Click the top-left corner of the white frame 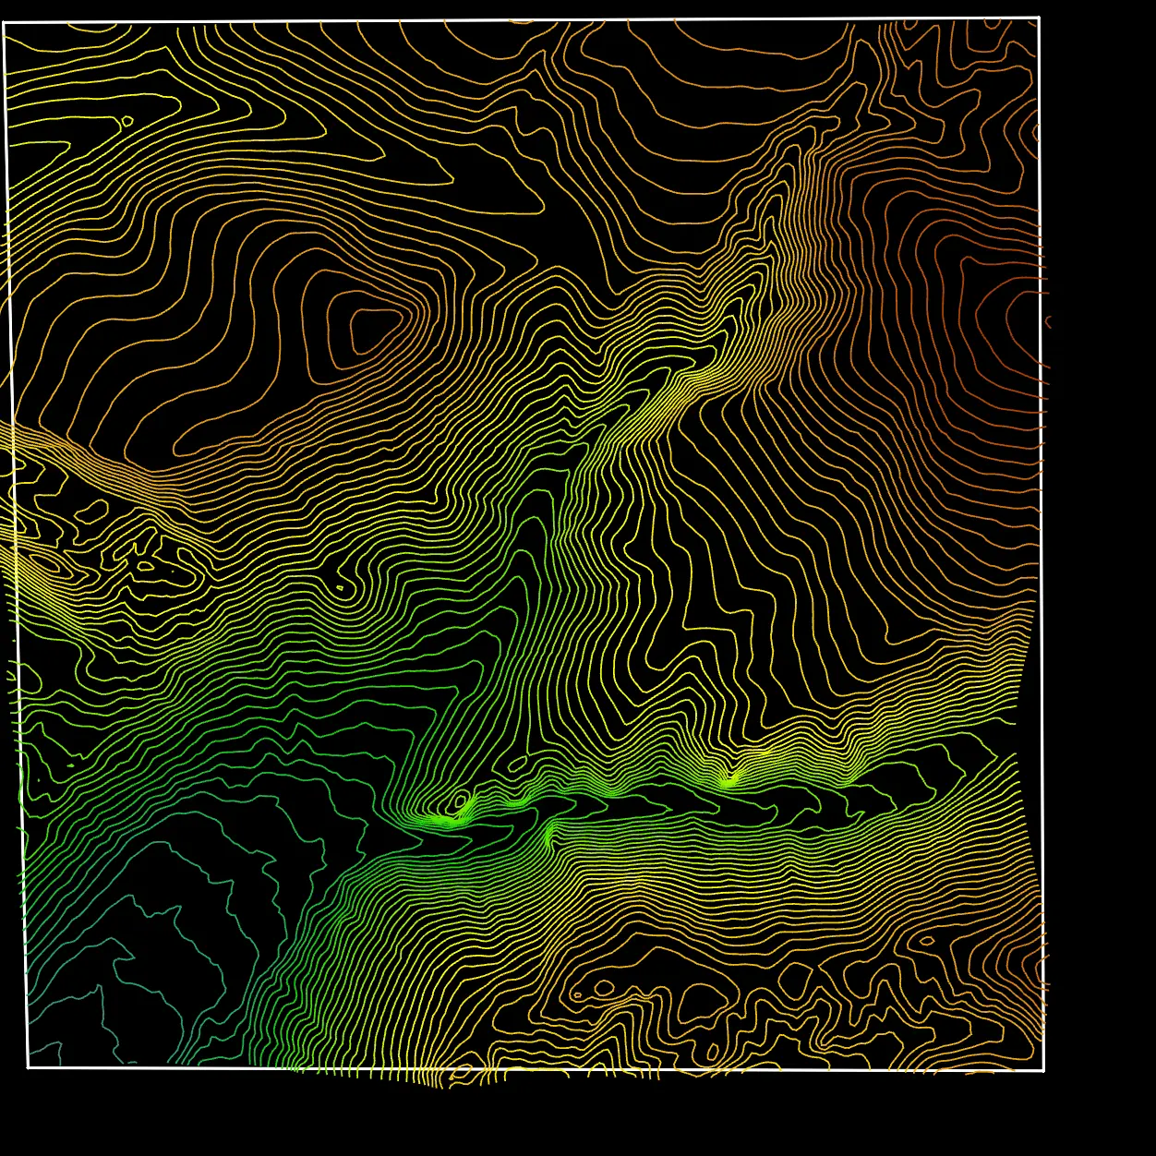(x=5, y=23)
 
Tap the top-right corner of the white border (x=1040, y=18)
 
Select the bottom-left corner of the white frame (x=28, y=1067)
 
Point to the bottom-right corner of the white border (x=1043, y=1070)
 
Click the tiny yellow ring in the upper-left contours (x=126, y=120)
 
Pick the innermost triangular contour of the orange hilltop (x=371, y=330)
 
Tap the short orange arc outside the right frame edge (x=1049, y=321)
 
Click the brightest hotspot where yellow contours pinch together (x=729, y=781)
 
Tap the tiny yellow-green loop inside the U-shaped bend (x=340, y=586)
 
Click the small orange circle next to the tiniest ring (x=604, y=988)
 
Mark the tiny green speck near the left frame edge (x=72, y=765)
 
